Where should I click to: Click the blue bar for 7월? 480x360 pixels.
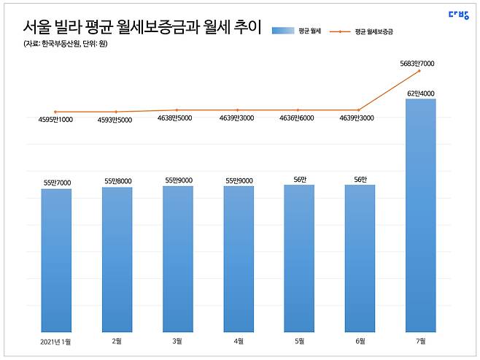click(420, 215)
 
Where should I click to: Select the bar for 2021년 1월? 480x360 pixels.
click(56, 260)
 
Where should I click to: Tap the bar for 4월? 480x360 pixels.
click(239, 259)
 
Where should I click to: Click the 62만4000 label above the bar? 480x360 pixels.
click(421, 93)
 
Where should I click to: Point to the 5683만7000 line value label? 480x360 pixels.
click(418, 64)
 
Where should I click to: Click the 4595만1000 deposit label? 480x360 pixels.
click(56, 120)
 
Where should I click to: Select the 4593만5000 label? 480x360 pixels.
click(117, 120)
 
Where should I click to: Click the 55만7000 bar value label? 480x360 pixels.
click(56, 183)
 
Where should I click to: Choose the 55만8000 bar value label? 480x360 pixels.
click(117, 182)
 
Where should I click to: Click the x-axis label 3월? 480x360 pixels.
click(177, 341)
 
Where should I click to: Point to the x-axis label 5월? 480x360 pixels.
click(299, 341)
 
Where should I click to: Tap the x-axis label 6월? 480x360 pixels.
click(360, 341)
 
